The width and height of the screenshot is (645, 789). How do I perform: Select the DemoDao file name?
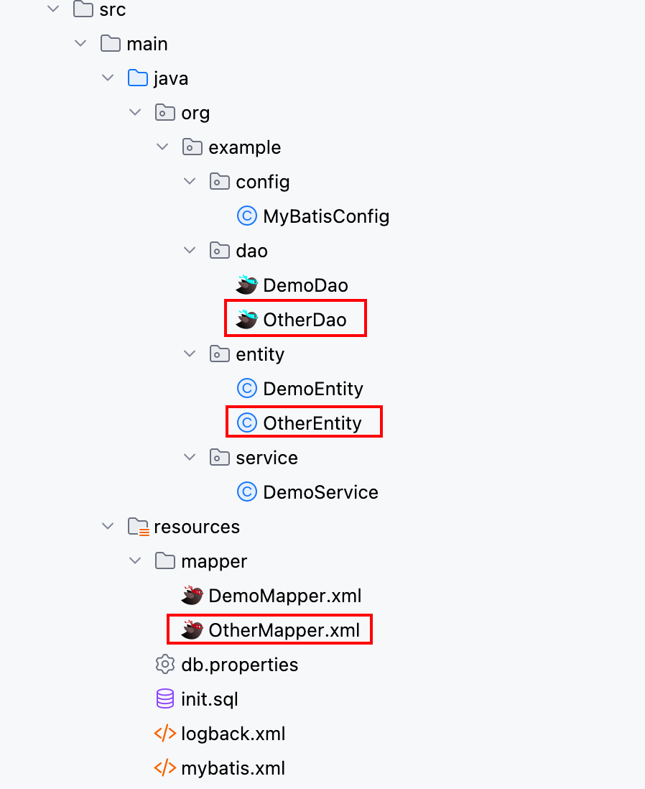(305, 285)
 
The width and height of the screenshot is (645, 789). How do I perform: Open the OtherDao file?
(305, 320)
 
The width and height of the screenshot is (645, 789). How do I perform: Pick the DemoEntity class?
(313, 389)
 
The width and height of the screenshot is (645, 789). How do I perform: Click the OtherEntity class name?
(312, 423)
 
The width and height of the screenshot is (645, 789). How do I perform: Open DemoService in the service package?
(320, 492)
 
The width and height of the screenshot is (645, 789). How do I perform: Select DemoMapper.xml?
(284, 596)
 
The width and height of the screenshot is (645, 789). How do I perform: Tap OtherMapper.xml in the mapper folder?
(284, 630)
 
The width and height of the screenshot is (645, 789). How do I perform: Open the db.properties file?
(239, 665)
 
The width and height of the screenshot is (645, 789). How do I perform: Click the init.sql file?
(209, 699)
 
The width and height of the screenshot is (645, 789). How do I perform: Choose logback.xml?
(233, 734)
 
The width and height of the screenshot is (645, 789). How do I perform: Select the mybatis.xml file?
(233, 768)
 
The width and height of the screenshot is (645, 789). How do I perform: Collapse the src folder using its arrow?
(53, 9)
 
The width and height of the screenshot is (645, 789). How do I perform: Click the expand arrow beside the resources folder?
(108, 526)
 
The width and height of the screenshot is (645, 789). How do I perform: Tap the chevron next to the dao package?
(190, 250)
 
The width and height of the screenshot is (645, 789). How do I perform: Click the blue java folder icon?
(138, 78)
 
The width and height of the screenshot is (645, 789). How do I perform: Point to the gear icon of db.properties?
(165, 664)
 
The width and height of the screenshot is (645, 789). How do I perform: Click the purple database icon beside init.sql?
(165, 699)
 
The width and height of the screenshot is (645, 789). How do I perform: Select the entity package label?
(260, 354)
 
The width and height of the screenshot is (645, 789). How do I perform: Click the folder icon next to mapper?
(165, 560)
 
